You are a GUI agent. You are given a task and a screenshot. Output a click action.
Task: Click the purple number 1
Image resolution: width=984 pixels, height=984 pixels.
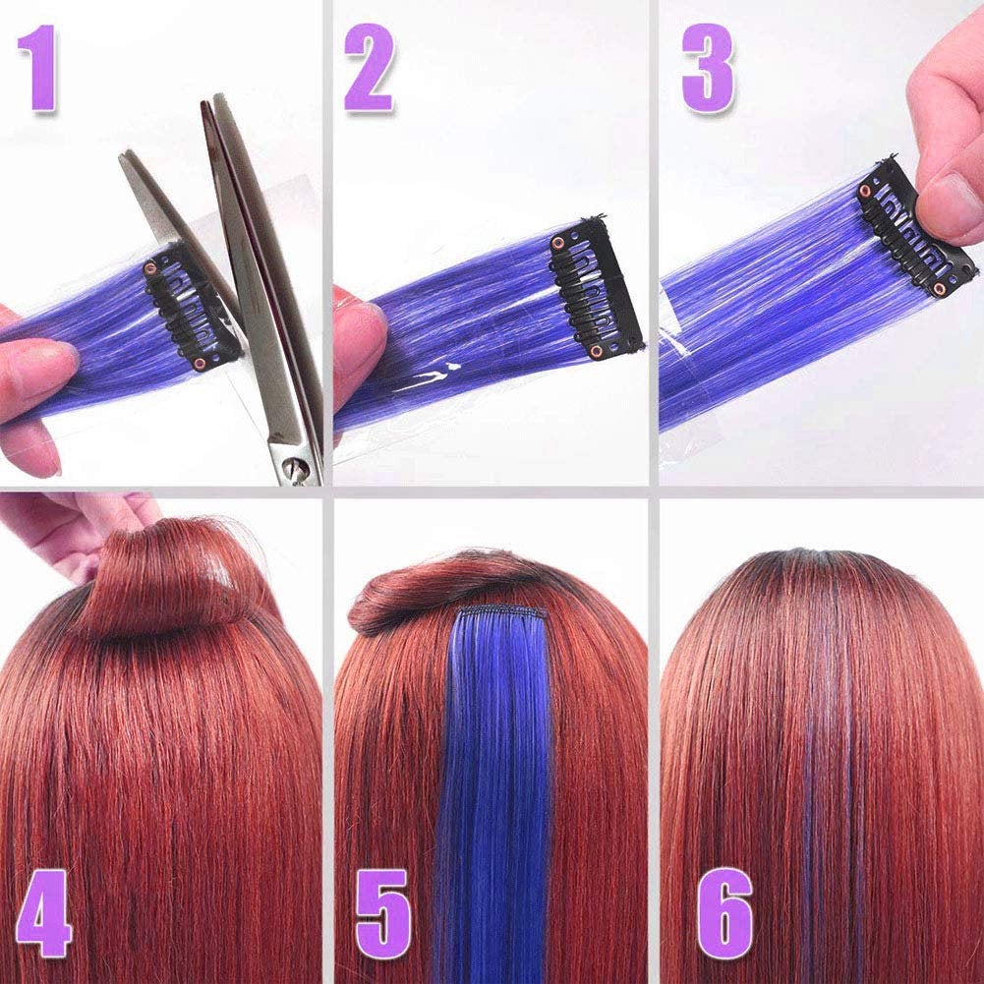42,68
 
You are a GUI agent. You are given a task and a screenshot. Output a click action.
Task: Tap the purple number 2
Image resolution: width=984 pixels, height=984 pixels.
369,68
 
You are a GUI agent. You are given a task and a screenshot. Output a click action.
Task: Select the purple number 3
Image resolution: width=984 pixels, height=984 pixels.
708,68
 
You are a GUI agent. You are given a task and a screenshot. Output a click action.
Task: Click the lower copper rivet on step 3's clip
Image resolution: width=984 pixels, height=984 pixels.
940,288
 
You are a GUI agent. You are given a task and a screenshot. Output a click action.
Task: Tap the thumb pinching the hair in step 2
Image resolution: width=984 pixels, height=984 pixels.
359,339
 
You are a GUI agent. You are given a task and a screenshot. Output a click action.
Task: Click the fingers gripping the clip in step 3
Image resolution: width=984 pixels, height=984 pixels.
949,147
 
